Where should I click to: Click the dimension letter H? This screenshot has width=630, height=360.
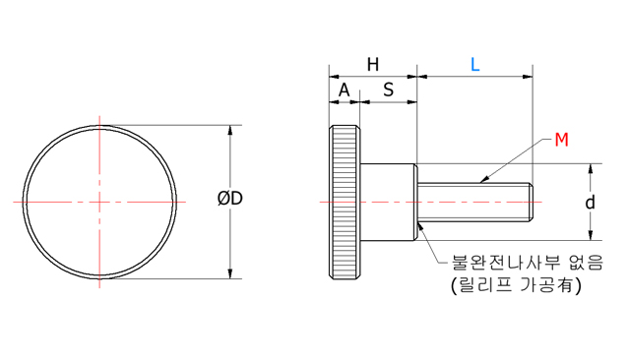(x=373, y=65)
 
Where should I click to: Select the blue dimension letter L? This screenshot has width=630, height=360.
(x=474, y=65)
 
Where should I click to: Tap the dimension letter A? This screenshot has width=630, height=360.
(x=344, y=90)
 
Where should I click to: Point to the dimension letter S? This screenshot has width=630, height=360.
(x=388, y=90)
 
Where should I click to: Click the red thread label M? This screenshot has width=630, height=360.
(x=561, y=140)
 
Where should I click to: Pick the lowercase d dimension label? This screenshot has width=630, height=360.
(x=590, y=203)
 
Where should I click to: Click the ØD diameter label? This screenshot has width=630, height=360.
(x=230, y=199)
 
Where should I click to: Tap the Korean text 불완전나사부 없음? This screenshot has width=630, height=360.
(x=528, y=263)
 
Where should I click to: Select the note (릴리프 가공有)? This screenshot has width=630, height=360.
(x=516, y=285)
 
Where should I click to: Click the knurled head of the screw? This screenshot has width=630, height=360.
(x=345, y=202)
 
